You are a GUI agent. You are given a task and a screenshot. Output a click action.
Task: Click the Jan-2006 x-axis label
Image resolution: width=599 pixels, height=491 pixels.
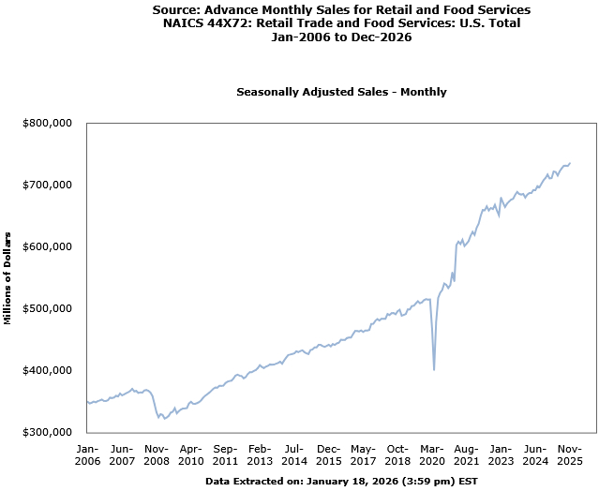coord(86,454)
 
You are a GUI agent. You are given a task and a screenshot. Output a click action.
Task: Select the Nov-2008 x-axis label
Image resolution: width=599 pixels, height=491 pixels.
coord(156,454)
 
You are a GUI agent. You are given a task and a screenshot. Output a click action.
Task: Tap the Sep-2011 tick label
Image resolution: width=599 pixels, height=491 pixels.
coord(225,454)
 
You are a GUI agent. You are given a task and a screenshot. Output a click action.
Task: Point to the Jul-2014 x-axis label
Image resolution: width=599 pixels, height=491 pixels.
coord(293,454)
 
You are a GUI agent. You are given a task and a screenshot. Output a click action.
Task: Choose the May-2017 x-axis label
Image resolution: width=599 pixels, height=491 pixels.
coord(363,454)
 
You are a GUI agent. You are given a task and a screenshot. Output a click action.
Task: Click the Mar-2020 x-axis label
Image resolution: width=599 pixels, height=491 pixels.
coord(432,454)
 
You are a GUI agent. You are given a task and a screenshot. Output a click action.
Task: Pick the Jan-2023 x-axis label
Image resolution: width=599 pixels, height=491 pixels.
coord(501,454)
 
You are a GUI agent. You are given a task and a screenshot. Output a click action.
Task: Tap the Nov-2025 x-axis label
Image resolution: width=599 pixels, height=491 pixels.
coord(570,454)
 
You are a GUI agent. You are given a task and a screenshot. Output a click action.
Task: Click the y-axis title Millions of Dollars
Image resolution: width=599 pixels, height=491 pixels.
coord(7,277)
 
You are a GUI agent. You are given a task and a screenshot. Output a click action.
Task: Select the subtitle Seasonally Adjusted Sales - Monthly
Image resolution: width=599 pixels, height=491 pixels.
coord(341,92)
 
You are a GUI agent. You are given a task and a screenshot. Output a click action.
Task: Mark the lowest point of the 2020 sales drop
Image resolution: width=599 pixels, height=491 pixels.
coord(433,369)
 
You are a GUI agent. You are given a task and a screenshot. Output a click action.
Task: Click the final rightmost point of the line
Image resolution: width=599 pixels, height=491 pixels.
coord(570,163)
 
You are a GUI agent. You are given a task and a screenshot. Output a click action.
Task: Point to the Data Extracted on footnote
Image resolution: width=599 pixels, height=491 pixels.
coord(341,481)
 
